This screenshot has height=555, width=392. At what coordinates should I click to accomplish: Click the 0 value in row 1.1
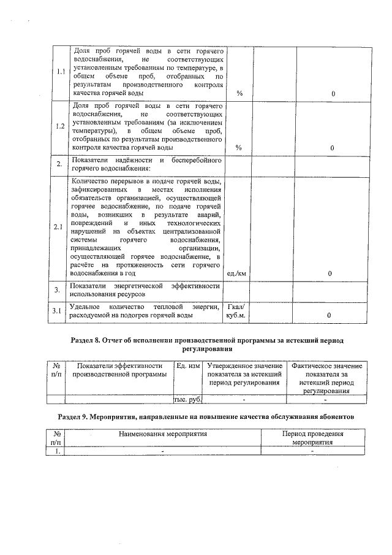tap(332, 94)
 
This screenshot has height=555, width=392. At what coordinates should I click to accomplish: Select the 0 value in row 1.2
tap(332, 148)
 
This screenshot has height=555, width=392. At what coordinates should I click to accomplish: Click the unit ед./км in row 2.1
tap(236, 274)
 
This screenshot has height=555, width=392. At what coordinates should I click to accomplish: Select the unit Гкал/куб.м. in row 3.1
tap(236, 310)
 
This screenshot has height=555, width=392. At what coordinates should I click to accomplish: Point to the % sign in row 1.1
tap(239, 94)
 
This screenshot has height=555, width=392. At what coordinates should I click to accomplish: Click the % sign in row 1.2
tap(239, 148)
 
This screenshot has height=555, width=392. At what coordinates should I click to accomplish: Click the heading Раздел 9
tap(206, 416)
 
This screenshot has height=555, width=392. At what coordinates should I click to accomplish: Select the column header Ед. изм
tap(187, 366)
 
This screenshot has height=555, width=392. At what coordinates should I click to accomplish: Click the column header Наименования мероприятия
tap(164, 434)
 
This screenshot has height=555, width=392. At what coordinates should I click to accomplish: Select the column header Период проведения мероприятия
tap(312, 437)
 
